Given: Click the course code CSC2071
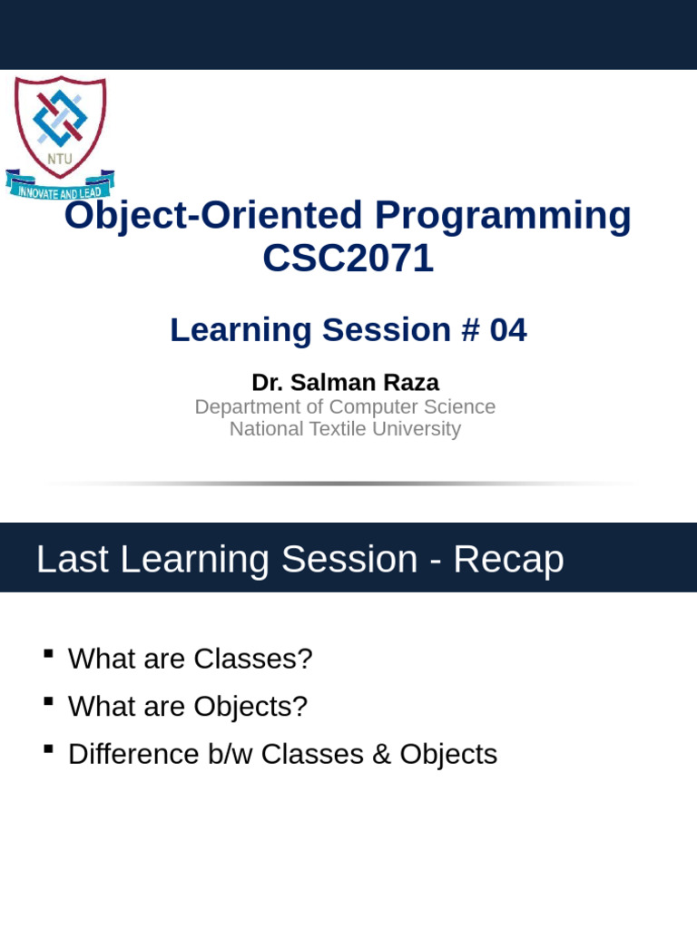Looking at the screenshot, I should pos(348,259).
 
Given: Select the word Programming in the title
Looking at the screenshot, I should pos(503,216).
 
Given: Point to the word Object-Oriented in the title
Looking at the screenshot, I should pos(213,216).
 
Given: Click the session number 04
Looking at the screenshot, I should pos(507,330).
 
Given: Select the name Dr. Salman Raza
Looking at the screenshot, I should pos(345,383).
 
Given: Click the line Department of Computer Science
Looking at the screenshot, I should pos(345,407).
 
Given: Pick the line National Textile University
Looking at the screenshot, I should pos(345,429).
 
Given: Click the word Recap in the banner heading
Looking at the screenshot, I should pos(508,560).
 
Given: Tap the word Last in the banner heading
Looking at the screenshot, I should pos(73,560).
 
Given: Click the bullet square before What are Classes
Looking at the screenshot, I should pos(48,653).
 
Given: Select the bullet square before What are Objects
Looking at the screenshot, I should pos(48,701).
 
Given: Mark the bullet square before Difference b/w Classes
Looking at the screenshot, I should pos(48,748).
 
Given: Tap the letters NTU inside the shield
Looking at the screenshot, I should pos(60,159).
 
